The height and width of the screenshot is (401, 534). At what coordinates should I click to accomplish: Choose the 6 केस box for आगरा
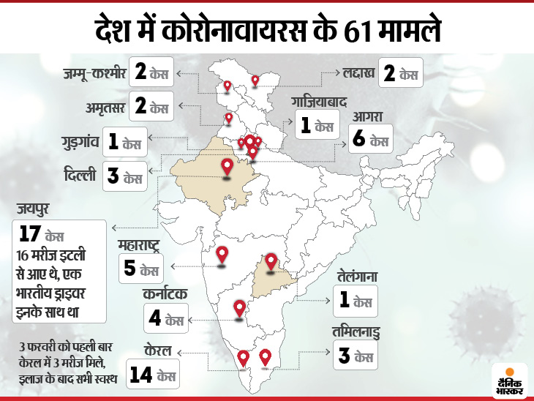coord(370,139)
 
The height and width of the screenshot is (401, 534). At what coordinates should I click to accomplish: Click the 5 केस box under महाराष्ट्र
coord(140,268)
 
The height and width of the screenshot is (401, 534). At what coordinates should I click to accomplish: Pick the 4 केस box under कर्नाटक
coord(164,319)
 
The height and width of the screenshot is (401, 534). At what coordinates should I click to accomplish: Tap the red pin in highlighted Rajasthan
coord(227,168)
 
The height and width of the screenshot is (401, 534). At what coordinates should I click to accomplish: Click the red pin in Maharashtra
coord(223,256)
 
